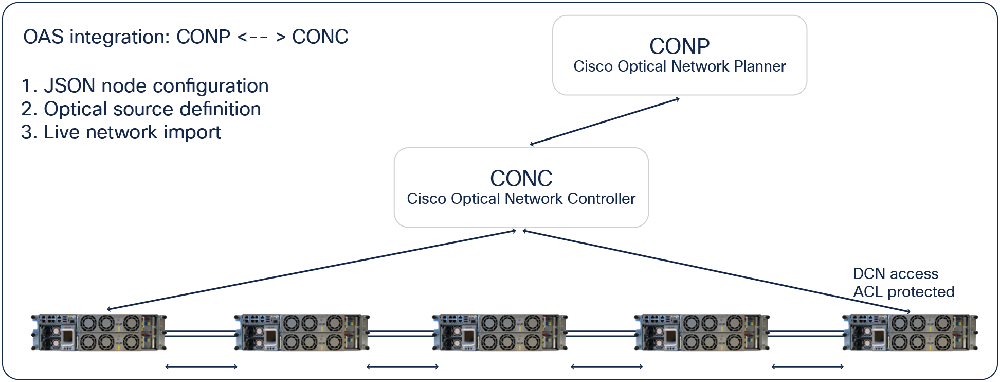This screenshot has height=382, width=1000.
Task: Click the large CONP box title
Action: coord(679,46)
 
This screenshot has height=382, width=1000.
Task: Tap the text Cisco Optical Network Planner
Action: coord(679,66)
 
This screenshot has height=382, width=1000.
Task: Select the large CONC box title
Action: coord(521,179)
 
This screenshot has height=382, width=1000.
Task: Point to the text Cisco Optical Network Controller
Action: coord(521,199)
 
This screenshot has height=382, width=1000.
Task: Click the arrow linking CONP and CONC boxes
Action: coord(605,121)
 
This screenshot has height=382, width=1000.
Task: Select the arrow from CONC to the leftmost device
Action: coord(311,270)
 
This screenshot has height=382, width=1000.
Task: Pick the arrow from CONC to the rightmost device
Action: coord(716,271)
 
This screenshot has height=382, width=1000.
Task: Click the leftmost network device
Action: coord(98,332)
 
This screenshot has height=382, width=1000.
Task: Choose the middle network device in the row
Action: coord(500,332)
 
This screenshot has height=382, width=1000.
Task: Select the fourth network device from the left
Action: coord(702,332)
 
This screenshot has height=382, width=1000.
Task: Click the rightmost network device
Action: coord(910,332)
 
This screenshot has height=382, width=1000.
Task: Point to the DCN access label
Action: coord(895,274)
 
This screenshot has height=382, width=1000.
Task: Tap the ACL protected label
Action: coord(903,292)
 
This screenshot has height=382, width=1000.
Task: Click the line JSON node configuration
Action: coord(144,86)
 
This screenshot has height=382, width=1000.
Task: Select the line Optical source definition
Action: coord(141,109)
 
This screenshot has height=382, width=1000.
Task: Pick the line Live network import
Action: coord(121,132)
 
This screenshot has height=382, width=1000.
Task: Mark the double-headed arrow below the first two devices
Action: coord(201,367)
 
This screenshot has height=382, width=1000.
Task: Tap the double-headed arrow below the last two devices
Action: coord(807,367)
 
